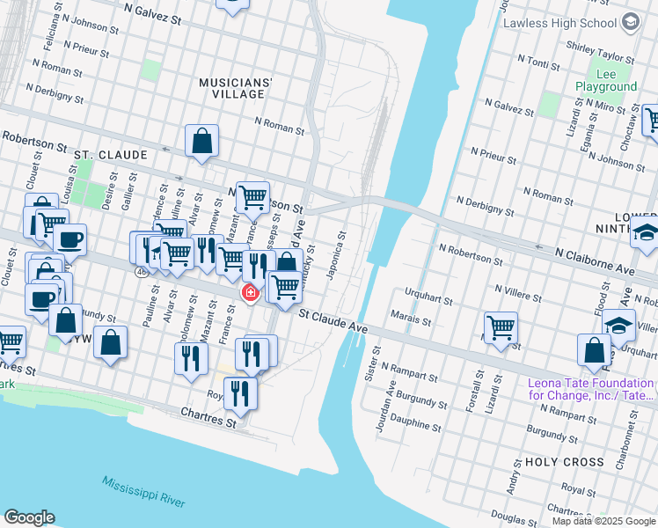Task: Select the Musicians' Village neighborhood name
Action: [235, 88]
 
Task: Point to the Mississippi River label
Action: [143, 491]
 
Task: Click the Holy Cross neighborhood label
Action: [564, 462]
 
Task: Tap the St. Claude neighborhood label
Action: [111, 155]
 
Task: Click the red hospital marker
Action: [251, 292]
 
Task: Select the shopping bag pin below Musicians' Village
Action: [202, 141]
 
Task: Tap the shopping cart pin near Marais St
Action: [501, 327]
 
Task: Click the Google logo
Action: [29, 517]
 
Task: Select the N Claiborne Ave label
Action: [595, 260]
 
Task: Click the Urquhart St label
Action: [428, 296]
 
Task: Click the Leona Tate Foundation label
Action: [591, 390]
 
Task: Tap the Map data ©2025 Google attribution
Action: [603, 521]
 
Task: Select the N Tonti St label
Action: [540, 61]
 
